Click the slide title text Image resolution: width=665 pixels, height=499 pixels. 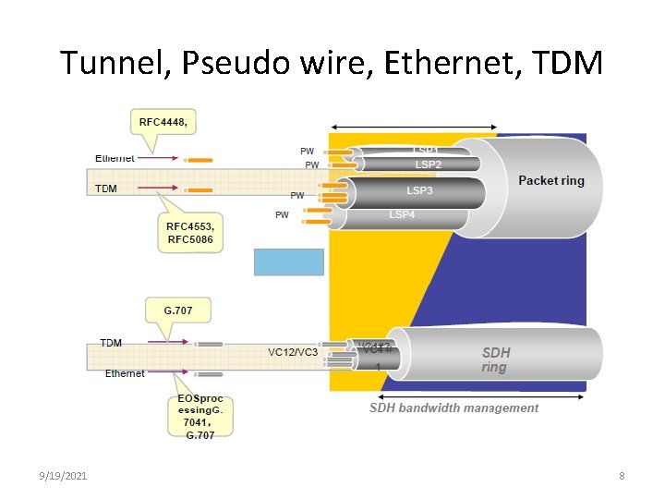click(332, 63)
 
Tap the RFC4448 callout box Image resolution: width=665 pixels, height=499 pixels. click(168, 122)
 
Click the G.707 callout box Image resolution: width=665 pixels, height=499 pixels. click(178, 310)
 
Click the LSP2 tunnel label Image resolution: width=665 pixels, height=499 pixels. click(428, 164)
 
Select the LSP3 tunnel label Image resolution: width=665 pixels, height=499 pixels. click(419, 190)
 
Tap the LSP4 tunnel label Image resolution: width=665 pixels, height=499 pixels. click(402, 215)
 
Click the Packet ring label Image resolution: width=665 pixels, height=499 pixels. click(551, 180)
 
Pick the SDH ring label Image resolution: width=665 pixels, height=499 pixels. click(495, 359)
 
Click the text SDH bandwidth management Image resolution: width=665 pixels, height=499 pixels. click(453, 408)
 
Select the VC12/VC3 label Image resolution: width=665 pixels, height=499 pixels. click(293, 352)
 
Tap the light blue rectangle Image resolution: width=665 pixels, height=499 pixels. click(289, 262)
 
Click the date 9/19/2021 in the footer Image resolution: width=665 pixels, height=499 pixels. click(64, 475)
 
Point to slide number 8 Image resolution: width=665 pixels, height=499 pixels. click(622, 475)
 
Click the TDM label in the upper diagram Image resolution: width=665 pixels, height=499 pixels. click(107, 189)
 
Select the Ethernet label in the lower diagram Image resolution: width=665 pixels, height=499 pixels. click(125, 373)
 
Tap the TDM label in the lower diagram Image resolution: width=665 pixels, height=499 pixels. click(111, 343)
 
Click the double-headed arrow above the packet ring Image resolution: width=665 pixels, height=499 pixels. click(415, 127)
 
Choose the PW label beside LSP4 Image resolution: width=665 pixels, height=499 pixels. click(282, 215)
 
